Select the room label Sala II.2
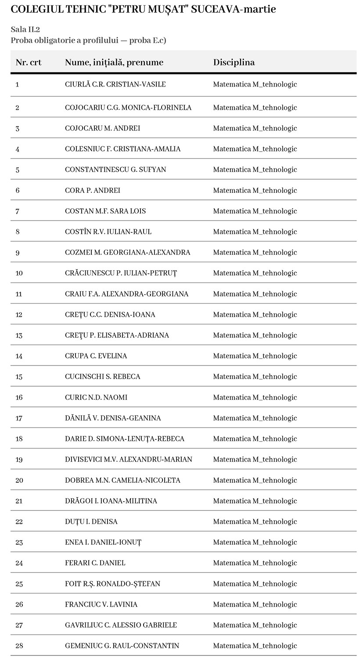point(25,29)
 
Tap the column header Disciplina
point(234,62)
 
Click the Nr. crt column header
point(29,62)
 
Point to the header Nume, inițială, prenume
point(114,62)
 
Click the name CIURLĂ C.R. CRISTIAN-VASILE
point(115,84)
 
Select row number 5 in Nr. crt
point(18,170)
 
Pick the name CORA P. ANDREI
point(93,190)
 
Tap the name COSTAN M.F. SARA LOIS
point(105,211)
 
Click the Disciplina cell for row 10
point(255,273)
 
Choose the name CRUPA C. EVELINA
point(96,356)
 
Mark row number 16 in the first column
point(19,397)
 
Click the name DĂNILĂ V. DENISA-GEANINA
point(113,418)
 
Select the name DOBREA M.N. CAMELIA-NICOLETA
point(122,480)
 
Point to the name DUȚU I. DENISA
point(91,521)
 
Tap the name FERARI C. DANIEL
point(95,563)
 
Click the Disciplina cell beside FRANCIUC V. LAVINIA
point(255,605)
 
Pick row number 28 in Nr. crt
point(19,646)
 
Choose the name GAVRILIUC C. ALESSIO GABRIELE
point(121,625)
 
